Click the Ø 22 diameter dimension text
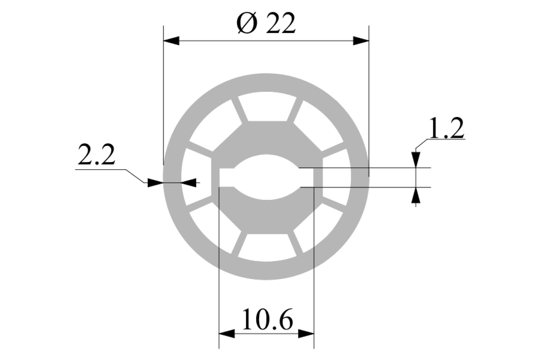[x=266, y=23]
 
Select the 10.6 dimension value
[x=268, y=319]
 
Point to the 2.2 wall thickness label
[x=96, y=154]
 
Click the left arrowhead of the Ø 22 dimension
[x=171, y=41]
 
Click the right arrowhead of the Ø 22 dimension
[x=361, y=41]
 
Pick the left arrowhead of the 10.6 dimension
[x=227, y=334]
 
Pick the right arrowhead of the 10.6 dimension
[x=306, y=334]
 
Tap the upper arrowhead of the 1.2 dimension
[x=416, y=160]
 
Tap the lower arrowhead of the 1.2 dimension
[x=416, y=195]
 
